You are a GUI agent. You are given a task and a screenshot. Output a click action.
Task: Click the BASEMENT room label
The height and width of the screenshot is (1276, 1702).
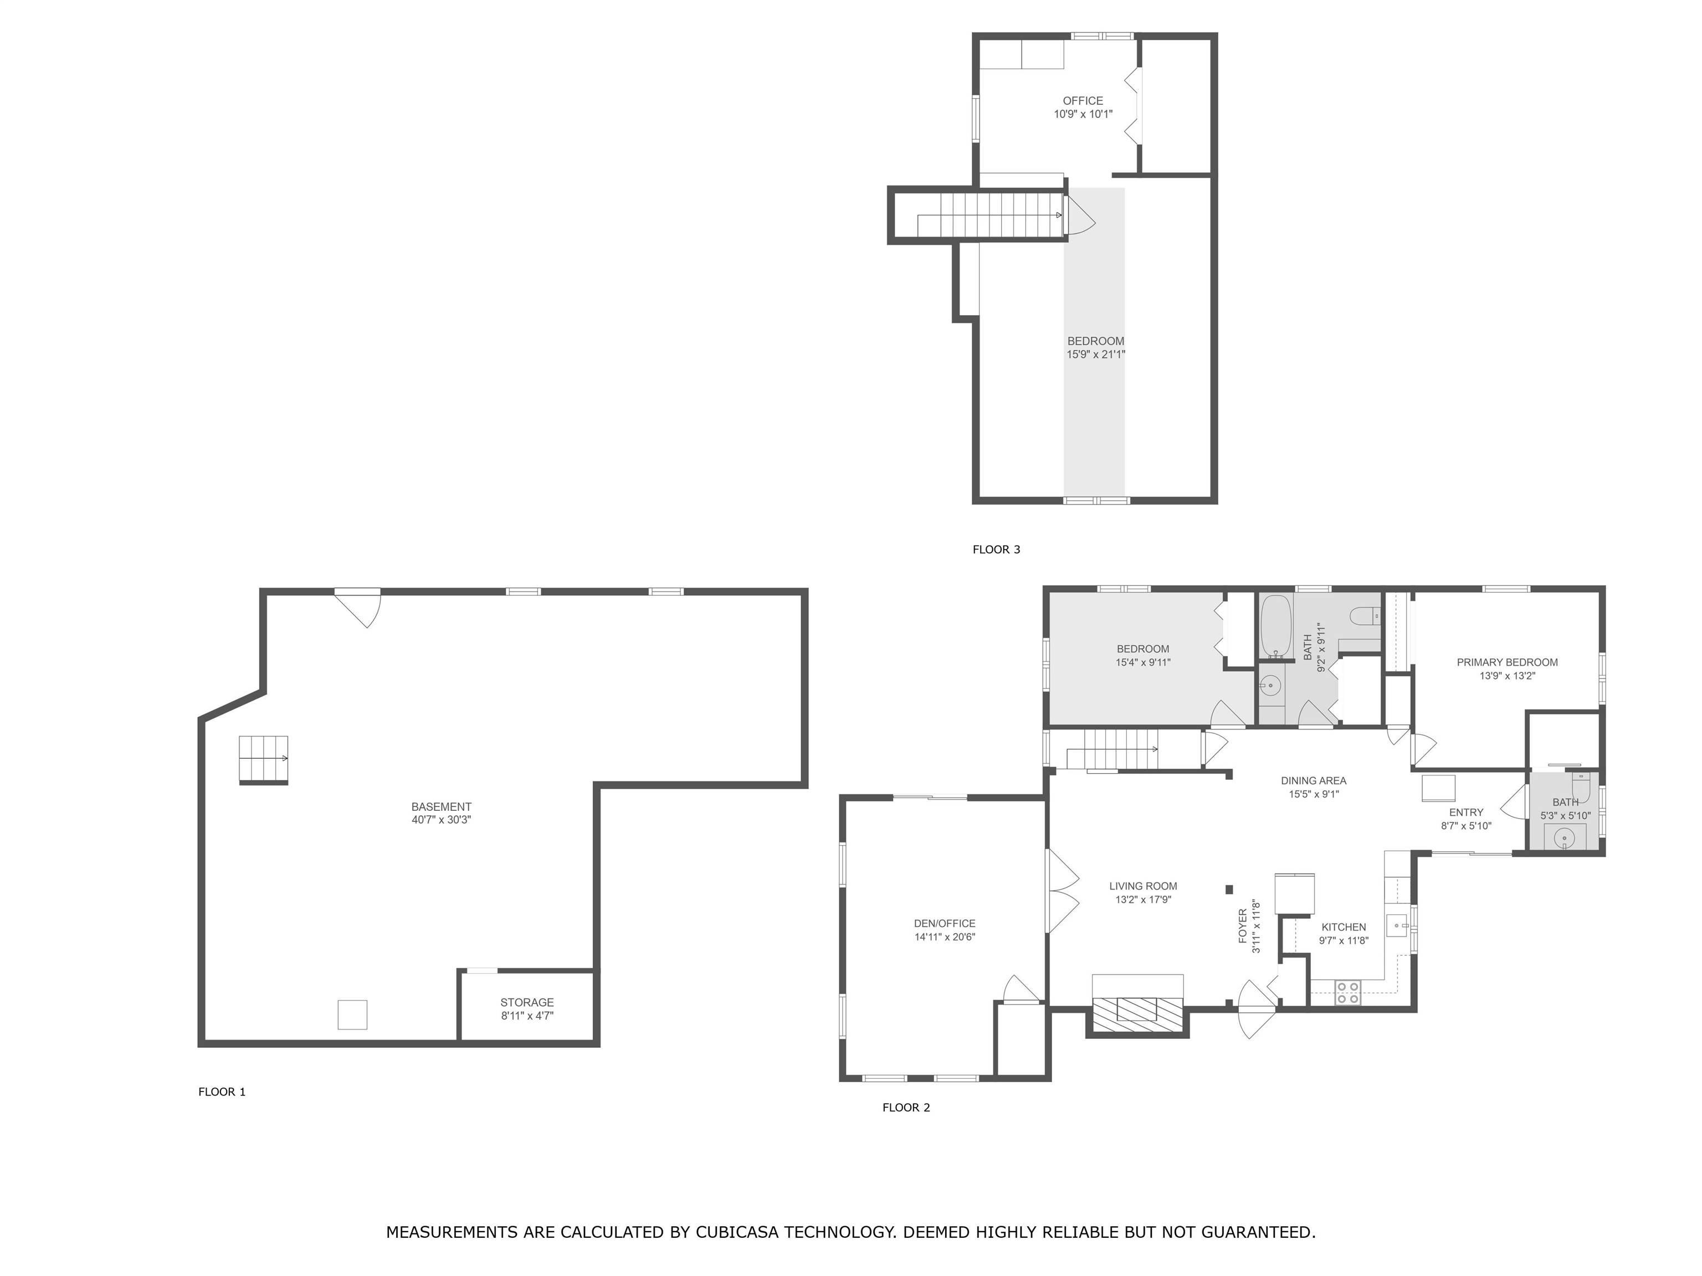point(441,807)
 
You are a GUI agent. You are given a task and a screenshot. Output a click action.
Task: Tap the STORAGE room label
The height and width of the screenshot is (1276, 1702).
point(527,1002)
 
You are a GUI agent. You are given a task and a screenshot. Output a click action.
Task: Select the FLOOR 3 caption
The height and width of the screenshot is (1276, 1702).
point(996,549)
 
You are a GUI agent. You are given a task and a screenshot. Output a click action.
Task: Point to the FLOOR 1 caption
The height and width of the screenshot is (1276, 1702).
point(222,1092)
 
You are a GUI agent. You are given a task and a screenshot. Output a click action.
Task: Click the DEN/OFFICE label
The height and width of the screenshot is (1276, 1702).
point(945,923)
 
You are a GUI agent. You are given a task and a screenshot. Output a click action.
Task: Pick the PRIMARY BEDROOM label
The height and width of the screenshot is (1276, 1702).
point(1508,662)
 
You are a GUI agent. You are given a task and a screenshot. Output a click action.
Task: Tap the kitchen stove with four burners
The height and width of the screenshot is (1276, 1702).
point(1347,992)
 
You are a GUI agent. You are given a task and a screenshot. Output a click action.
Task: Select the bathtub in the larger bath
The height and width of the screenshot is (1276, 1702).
point(1276,627)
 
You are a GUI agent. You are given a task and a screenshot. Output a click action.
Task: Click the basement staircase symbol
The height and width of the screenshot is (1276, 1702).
point(263,760)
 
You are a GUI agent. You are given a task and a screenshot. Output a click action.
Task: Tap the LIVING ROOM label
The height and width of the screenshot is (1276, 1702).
point(1144,886)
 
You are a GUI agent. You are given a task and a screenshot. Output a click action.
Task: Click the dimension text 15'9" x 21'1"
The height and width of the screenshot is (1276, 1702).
point(1096,354)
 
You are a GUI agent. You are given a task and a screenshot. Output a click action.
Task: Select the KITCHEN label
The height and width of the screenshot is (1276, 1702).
point(1344,927)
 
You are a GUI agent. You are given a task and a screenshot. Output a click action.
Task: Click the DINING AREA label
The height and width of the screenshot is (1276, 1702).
point(1314,781)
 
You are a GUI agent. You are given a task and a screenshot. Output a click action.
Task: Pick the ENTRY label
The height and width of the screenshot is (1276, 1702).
point(1467,812)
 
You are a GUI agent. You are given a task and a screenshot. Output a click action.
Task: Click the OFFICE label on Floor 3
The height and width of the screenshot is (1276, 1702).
point(1083,101)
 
